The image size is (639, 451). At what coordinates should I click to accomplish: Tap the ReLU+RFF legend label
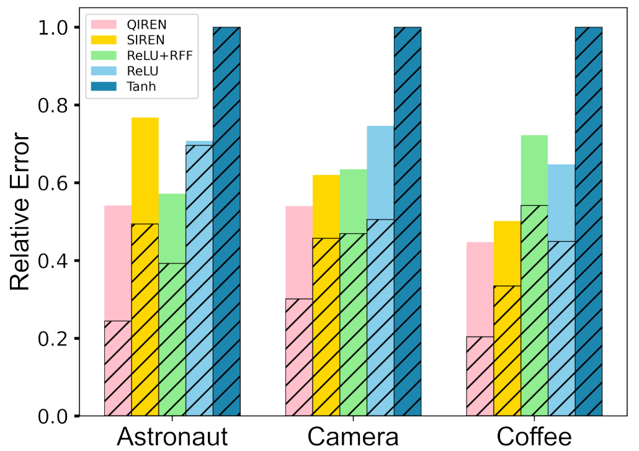coord(155,55)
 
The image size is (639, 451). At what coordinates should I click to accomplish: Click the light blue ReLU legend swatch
coord(104,71)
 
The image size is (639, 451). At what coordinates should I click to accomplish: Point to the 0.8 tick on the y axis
coord(58,105)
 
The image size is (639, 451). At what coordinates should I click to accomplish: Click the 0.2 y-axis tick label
coord(58,339)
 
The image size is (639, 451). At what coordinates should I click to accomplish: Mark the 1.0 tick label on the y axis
coord(58,28)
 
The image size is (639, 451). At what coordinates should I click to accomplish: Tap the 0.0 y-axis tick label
coord(58,416)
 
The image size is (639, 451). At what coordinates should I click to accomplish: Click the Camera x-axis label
coord(352,437)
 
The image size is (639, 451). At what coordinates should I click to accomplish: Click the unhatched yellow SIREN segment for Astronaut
coord(145,171)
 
